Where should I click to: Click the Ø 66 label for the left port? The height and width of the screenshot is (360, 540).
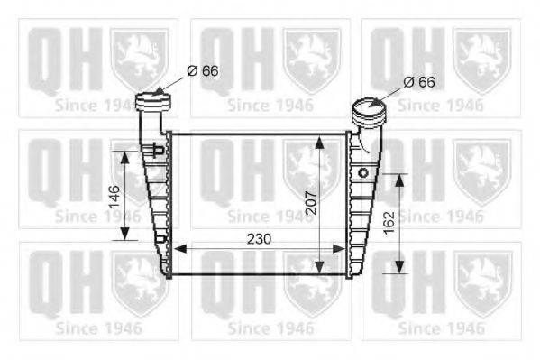pyautogui.click(x=202, y=69)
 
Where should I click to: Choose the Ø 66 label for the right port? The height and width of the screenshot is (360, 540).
pyautogui.click(x=418, y=81)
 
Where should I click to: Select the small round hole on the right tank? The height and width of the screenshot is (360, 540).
pyautogui.click(x=363, y=171)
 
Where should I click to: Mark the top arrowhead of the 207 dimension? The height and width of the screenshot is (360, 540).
pyautogui.click(x=318, y=138)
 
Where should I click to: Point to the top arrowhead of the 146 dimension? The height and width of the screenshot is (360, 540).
pyautogui.click(x=124, y=152)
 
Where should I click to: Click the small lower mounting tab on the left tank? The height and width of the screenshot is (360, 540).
pyautogui.click(x=160, y=238)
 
